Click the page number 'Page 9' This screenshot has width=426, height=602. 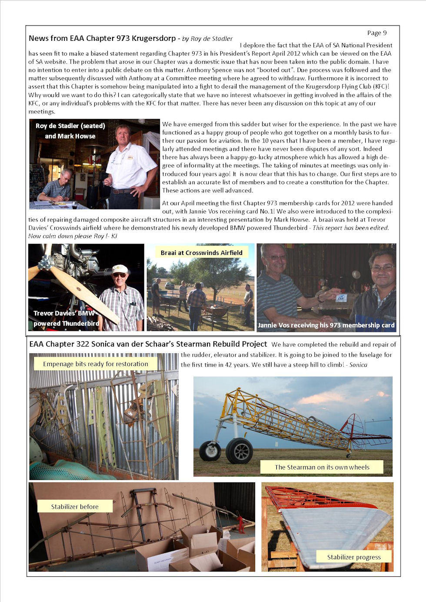click(376, 33)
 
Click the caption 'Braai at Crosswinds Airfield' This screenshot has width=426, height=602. click(201, 253)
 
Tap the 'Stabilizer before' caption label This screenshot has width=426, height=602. click(75, 506)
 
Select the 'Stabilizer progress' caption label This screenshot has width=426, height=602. click(353, 557)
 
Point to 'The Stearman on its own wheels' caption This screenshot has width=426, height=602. click(322, 467)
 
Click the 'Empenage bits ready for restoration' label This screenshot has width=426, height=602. click(95, 364)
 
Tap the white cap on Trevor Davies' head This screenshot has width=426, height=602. click(120, 269)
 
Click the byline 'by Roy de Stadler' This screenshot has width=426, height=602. click(207, 39)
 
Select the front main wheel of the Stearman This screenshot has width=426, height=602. click(239, 451)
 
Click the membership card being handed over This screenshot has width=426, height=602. click(341, 298)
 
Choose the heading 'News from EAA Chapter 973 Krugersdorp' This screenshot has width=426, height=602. click(102, 38)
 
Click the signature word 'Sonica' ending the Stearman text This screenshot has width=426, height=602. click(358, 365)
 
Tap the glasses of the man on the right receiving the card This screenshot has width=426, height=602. click(383, 268)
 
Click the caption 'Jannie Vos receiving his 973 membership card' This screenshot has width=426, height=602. click(326, 325)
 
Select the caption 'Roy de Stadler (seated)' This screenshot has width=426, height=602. click(70, 126)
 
